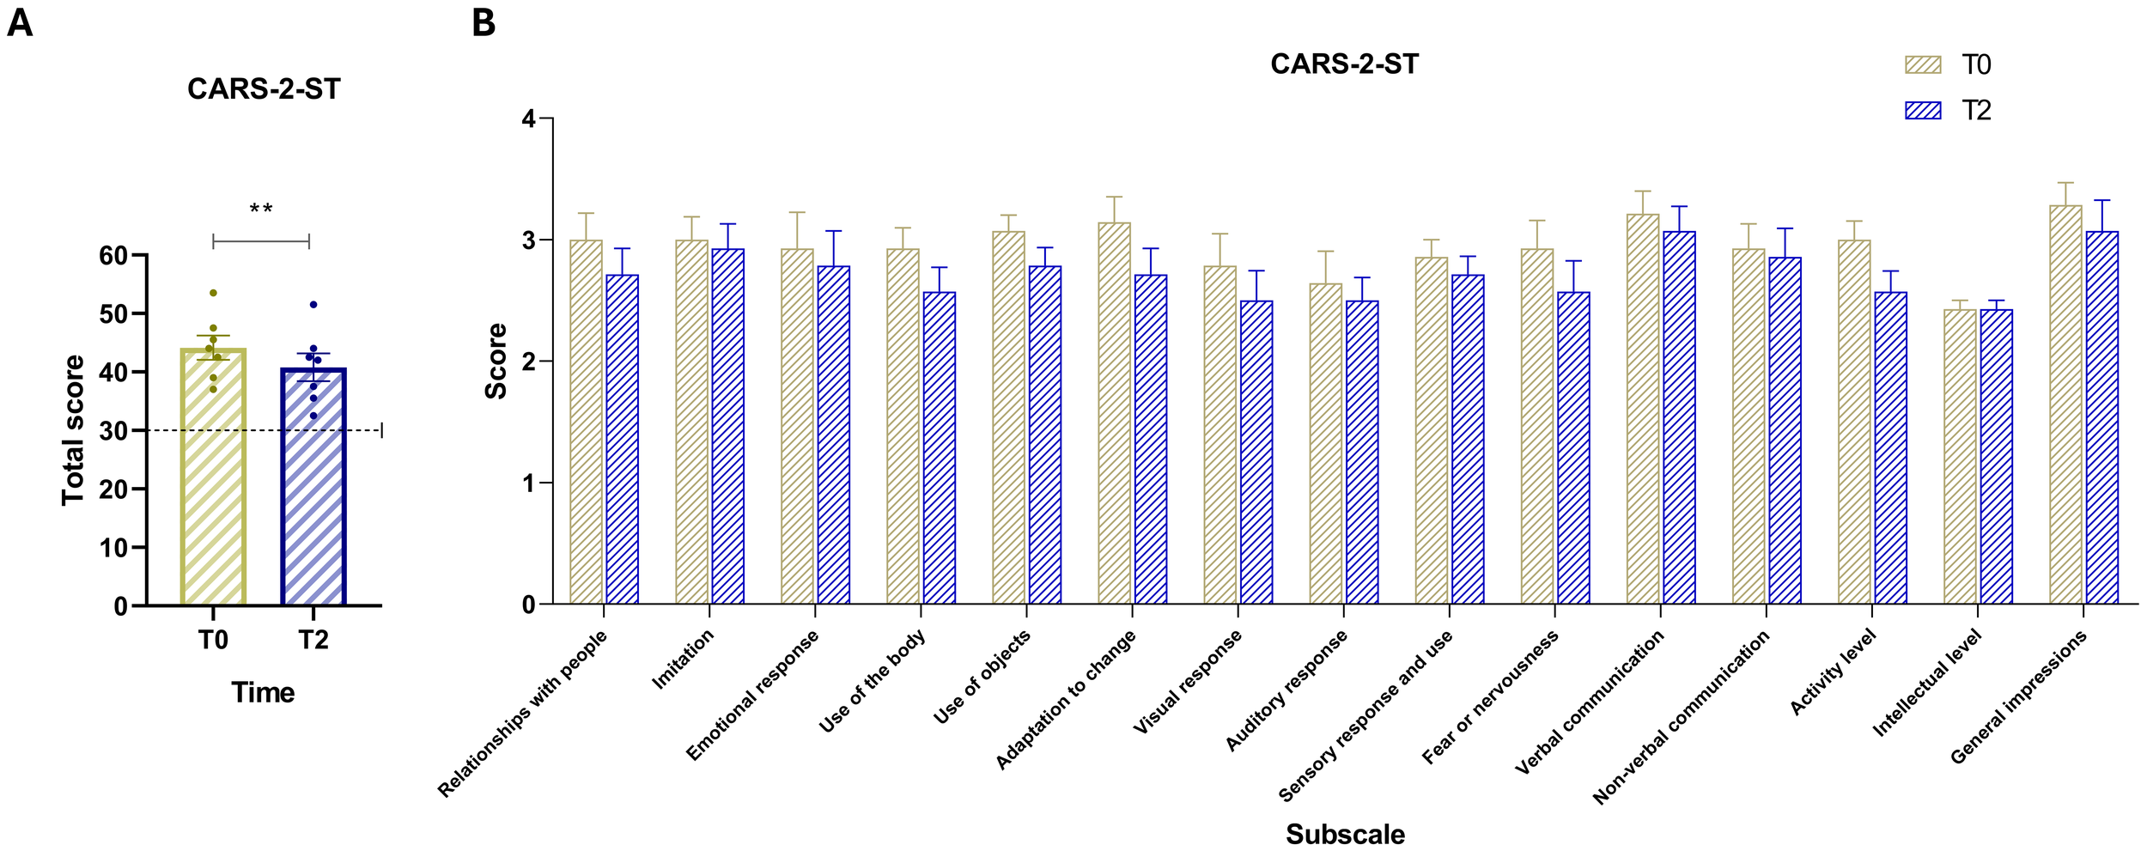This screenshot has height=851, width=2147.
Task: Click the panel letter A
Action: point(20,23)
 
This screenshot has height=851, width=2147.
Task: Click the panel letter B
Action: point(484,23)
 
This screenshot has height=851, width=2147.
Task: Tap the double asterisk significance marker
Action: point(261,210)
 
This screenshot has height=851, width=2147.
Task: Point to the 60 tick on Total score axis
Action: point(113,256)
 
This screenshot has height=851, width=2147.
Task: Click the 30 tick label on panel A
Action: point(113,431)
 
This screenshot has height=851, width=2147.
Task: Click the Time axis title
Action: point(263,692)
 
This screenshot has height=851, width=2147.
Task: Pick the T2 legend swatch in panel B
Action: point(1923,111)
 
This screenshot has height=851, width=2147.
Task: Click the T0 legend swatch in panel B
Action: point(1923,65)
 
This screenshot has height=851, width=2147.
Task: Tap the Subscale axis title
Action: point(1345,834)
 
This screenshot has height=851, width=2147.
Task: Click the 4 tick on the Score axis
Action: point(529,119)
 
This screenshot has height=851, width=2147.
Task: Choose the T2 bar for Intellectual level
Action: point(1996,457)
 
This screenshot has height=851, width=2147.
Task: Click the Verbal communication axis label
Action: point(1589,702)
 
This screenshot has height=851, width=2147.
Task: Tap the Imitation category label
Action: point(684,660)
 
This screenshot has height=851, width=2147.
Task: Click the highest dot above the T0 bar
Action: point(213,294)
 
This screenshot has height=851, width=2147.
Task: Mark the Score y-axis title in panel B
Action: point(496,361)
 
